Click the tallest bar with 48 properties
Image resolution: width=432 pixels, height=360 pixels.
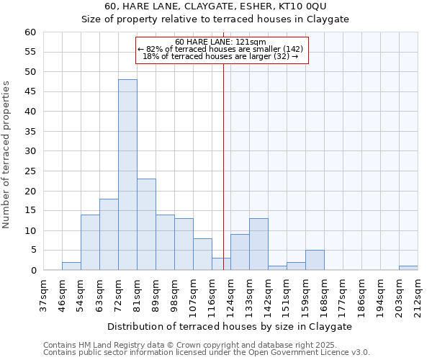[127, 175]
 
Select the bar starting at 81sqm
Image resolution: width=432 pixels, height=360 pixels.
[146, 225]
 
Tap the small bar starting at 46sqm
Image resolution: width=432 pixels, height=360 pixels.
[71, 266]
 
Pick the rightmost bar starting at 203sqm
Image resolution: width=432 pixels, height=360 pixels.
[408, 268]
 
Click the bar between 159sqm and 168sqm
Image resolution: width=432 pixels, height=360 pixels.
[315, 260]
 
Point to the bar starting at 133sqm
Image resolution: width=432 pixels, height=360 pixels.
[258, 245]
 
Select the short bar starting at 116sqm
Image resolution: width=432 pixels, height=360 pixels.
[221, 264]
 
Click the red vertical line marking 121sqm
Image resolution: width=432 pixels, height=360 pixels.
[224, 166]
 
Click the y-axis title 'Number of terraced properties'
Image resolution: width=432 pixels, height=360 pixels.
[6, 154]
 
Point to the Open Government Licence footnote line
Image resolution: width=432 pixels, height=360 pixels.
[207, 353]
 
